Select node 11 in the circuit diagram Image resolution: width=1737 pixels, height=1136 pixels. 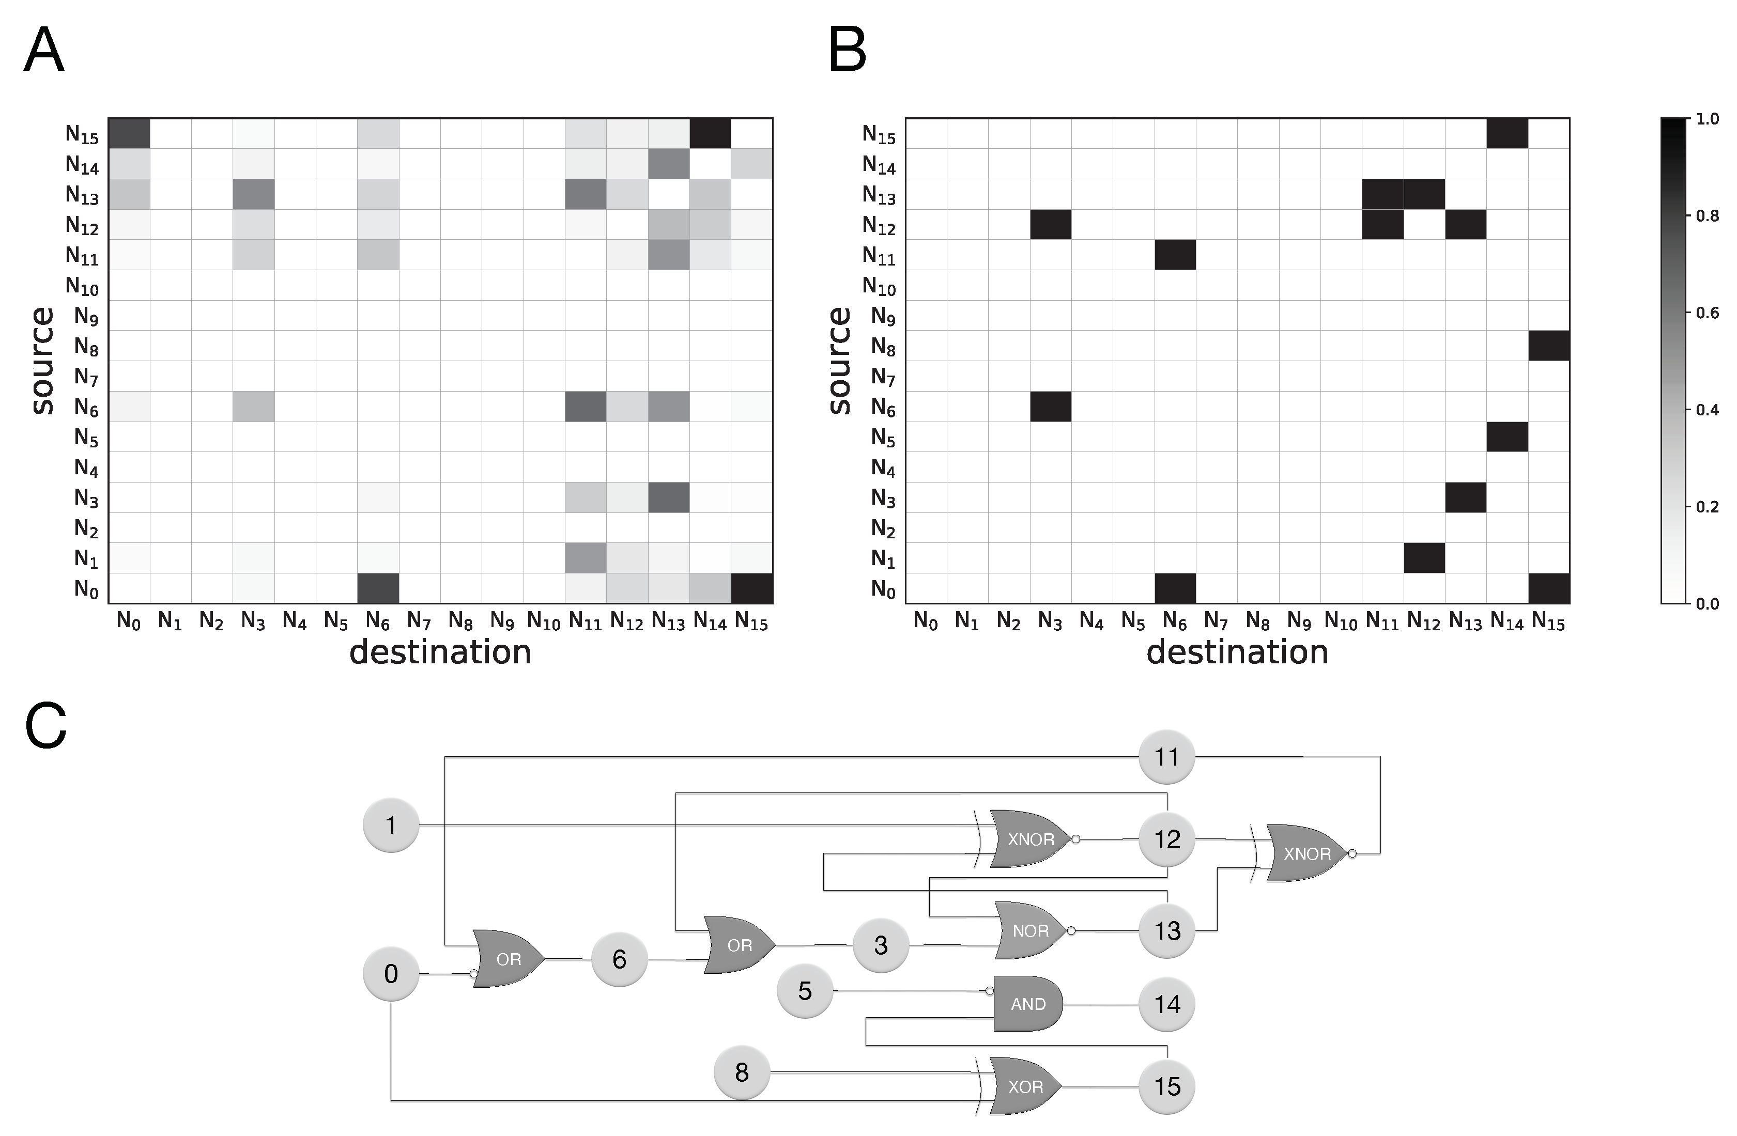1166,757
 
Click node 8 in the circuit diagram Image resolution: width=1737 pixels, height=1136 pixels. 742,1072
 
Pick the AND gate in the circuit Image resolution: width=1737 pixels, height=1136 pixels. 1027,1004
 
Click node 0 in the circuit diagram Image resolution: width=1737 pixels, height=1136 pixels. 391,973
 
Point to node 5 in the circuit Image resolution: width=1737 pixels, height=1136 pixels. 804,991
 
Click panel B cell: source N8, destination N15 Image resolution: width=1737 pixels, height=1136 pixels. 1549,346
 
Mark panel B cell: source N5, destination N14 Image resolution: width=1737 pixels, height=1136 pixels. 1507,437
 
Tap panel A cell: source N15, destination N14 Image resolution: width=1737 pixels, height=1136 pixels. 710,133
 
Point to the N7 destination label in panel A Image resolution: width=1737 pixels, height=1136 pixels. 419,621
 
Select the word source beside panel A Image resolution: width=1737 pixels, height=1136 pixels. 42,361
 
